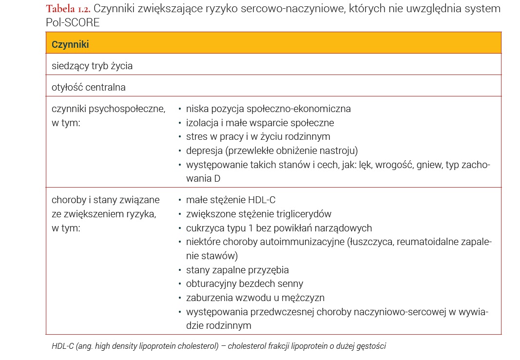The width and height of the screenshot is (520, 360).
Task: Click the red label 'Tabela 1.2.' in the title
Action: click(x=68, y=9)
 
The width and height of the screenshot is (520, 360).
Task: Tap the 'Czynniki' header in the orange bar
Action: click(x=70, y=44)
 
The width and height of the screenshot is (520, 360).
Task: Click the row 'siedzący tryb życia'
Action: click(x=92, y=66)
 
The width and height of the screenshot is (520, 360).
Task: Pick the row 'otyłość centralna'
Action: click(x=89, y=88)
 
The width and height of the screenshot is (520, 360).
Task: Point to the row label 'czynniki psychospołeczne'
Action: click(x=108, y=109)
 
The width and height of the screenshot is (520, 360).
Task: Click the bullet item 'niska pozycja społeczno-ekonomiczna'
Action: click(x=268, y=109)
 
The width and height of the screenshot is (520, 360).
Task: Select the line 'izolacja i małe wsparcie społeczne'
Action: click(x=260, y=123)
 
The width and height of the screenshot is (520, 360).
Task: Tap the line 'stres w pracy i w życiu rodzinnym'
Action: click(x=258, y=136)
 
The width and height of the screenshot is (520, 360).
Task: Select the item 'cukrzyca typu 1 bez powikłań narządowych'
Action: click(x=279, y=228)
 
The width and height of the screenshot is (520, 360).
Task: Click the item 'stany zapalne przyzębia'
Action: click(x=237, y=270)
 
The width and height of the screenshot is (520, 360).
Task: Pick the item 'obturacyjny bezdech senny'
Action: click(x=244, y=284)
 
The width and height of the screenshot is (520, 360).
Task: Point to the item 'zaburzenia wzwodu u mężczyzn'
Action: click(x=255, y=298)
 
